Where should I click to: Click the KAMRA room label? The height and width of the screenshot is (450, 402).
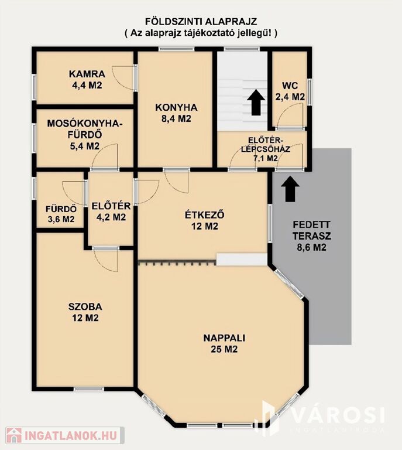coord(87,74)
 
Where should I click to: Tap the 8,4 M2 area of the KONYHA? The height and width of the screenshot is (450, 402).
coord(176,119)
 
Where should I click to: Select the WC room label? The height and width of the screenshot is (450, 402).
coord(290,86)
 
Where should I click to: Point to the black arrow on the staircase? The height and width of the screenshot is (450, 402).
coord(256,103)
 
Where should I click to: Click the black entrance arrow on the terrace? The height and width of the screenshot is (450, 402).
coord(290,189)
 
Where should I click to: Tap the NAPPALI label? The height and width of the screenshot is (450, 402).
coord(224,337)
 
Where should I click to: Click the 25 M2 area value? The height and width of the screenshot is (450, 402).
coord(224,349)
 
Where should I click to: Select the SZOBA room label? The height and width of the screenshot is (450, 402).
coord(85,306)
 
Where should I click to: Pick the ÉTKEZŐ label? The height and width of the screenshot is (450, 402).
coord(205,214)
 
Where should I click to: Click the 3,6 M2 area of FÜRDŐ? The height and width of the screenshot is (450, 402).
coord(61,219)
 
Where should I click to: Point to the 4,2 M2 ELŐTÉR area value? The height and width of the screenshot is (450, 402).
coord(111,217)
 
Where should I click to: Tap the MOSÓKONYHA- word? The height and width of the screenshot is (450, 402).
coord(85,124)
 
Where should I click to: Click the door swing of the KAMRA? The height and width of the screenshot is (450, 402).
coord(123,78)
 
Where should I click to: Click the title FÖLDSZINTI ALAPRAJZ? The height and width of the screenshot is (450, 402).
coord(201,22)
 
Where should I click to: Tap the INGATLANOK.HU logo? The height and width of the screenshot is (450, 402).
coord(66,435)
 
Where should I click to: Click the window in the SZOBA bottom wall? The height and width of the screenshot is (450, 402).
coord(89,389)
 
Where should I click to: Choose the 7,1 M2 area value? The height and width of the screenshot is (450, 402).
coord(266,158)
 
